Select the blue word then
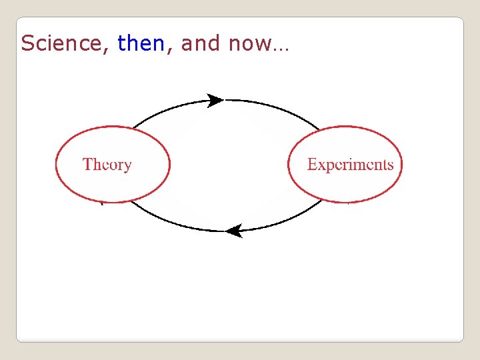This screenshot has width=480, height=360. [x=140, y=43]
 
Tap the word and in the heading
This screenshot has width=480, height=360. [x=200, y=43]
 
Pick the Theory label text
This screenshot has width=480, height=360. [x=107, y=165]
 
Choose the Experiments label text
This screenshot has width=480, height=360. [x=350, y=165]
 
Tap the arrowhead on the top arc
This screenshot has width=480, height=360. [x=215, y=101]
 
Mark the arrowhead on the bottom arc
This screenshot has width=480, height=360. [x=233, y=231]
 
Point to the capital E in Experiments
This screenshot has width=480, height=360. [x=312, y=164]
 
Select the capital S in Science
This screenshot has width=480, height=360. [x=27, y=43]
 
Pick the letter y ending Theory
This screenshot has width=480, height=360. [x=127, y=167]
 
